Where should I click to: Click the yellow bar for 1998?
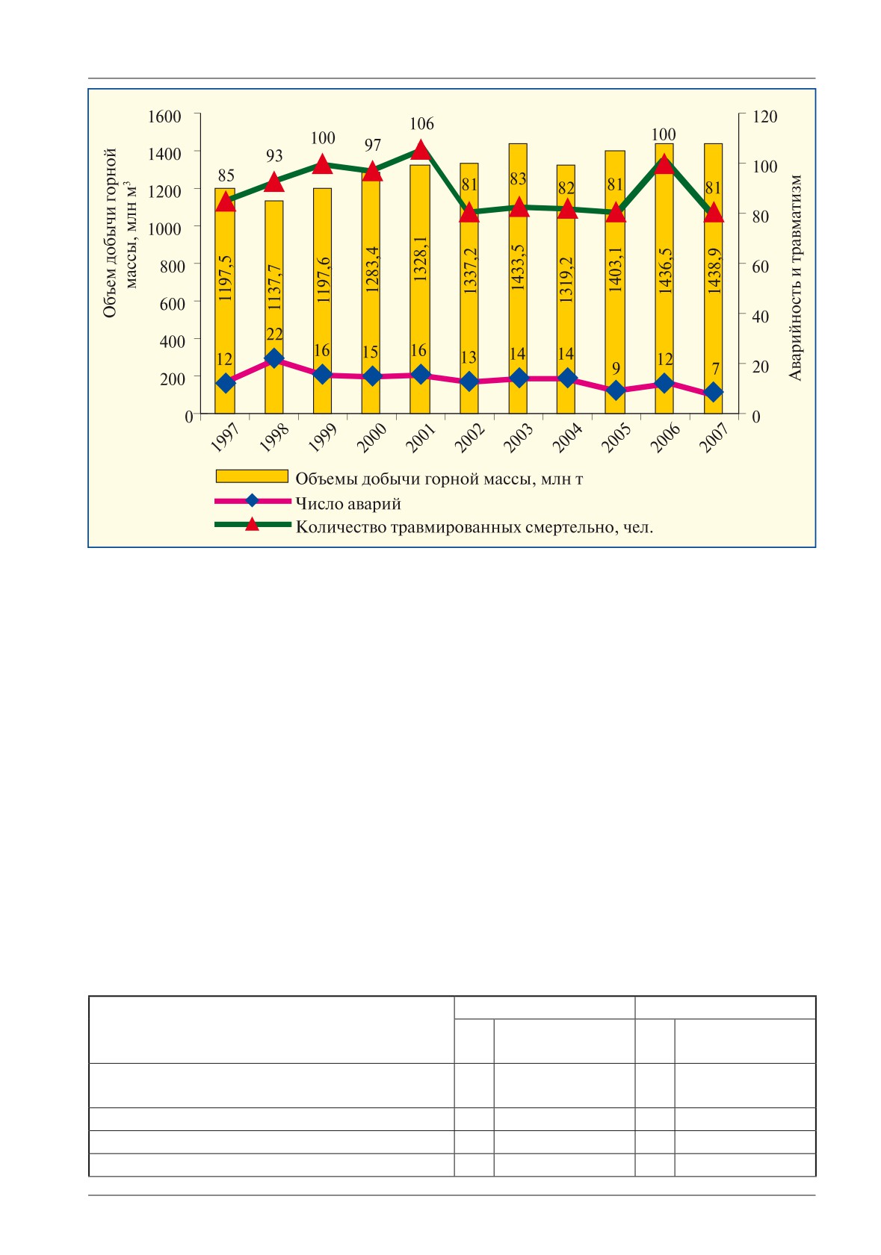coord(273,307)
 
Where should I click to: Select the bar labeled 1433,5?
coord(518,278)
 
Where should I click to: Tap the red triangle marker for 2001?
coord(421,150)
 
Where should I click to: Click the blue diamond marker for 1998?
coord(273,358)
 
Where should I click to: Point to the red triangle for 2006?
coord(664,165)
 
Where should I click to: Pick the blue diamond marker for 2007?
coord(714,392)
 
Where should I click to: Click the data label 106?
coord(421,123)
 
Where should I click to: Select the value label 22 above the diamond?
coord(274,334)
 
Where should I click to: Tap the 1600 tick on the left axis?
coord(164,116)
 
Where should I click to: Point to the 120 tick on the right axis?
coord(765,116)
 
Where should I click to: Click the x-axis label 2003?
coord(518,437)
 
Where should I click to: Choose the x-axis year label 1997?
coord(225,437)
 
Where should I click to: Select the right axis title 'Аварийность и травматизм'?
coord(795,278)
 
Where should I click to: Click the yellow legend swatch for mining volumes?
coord(252,476)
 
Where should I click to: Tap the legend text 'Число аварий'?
coord(348,503)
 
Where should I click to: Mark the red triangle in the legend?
coord(253,524)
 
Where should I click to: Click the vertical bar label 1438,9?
coord(714,270)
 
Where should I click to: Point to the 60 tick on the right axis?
coord(761,266)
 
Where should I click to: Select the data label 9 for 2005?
coord(616,368)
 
